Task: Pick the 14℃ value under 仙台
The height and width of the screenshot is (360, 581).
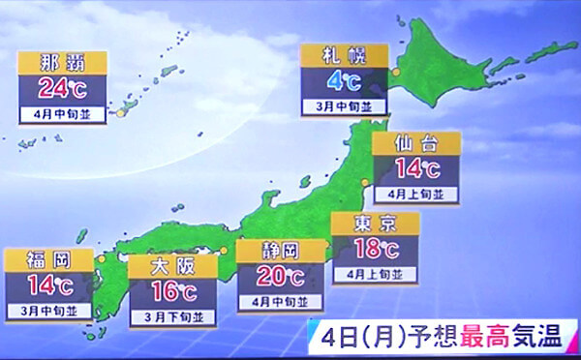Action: (x=416, y=170)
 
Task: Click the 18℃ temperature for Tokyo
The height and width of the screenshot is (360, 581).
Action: (x=375, y=250)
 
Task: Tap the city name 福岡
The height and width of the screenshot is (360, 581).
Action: (x=48, y=260)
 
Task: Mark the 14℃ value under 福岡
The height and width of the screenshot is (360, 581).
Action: (x=48, y=285)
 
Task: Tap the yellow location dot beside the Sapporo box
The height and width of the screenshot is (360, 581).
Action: (x=394, y=74)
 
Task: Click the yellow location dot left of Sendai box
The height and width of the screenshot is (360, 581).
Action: (x=365, y=182)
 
